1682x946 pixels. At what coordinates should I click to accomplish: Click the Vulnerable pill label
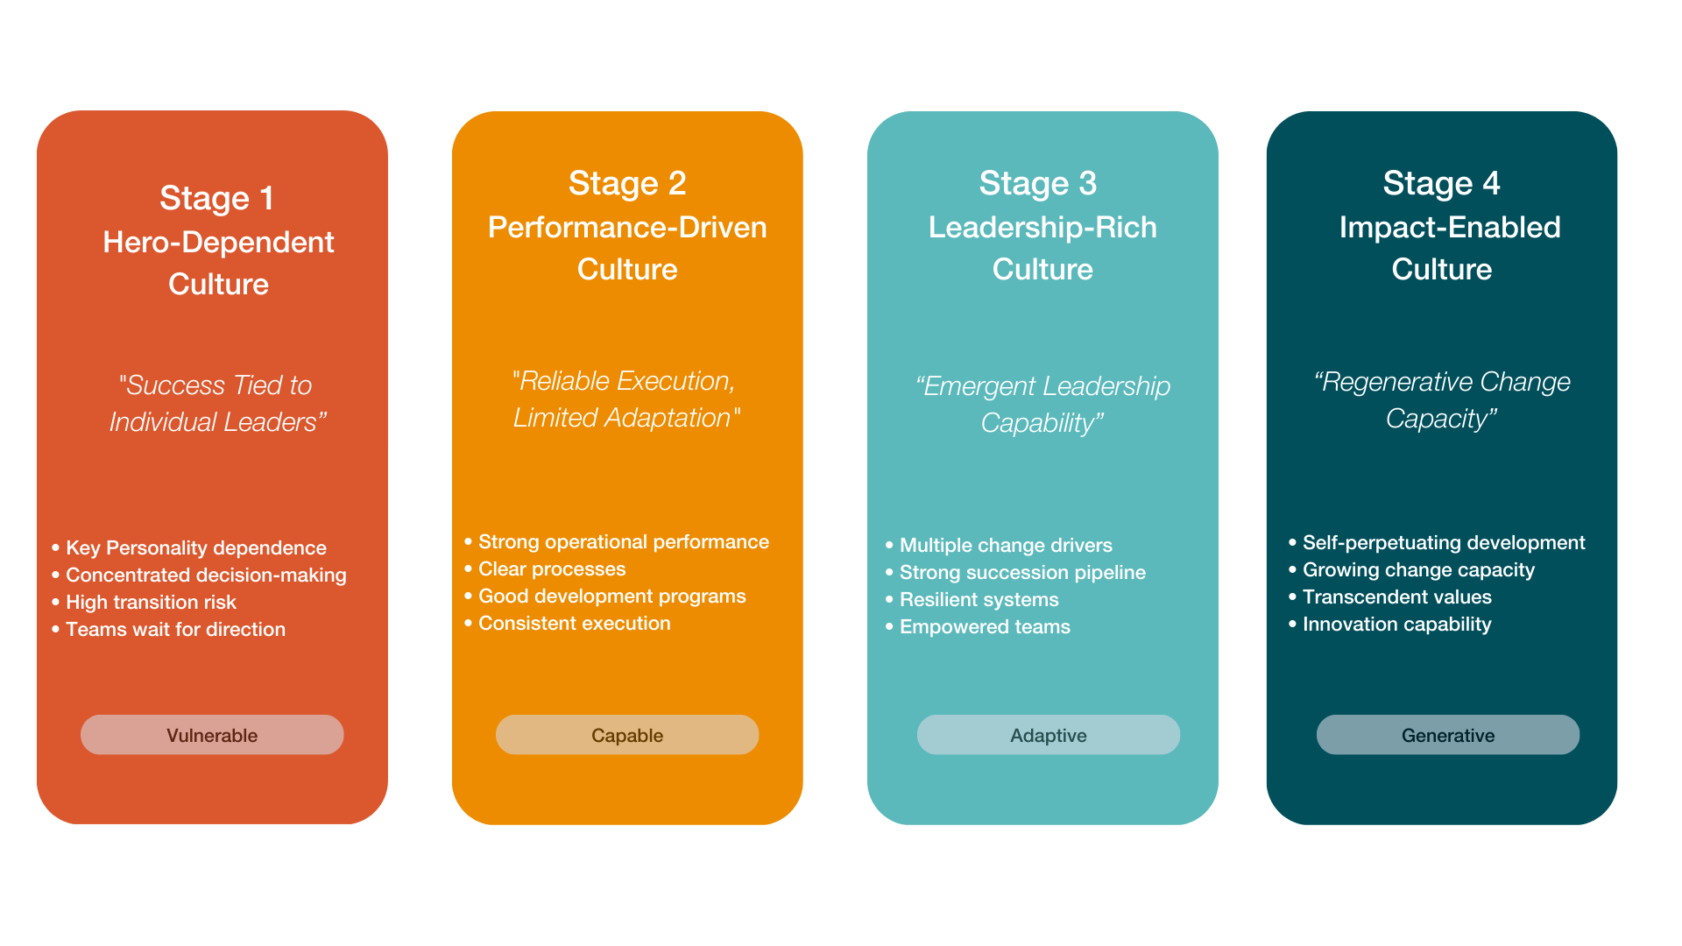point(212,735)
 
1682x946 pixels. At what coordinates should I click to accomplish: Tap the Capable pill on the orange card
point(627,735)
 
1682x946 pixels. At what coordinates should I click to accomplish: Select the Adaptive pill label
point(1048,735)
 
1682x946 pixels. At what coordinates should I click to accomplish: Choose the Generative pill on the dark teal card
point(1447,735)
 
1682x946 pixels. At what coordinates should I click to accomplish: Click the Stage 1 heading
point(216,198)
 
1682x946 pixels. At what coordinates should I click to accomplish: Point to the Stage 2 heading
point(627,183)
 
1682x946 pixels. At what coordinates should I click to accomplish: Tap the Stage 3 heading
point(1037,183)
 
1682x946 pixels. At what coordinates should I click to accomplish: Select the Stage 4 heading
point(1441,183)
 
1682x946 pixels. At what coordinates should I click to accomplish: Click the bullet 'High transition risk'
point(151,602)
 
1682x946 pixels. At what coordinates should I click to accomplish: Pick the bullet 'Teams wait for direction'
point(175,629)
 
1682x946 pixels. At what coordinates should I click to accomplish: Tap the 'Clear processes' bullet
point(552,568)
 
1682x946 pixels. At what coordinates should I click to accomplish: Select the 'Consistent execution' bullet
point(574,623)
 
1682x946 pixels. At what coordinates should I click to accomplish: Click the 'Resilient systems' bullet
point(979,599)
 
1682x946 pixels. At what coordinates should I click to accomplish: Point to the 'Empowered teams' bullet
point(985,626)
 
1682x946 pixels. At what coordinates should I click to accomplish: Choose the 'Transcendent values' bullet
point(1396,597)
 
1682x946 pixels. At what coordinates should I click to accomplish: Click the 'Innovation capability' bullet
point(1396,624)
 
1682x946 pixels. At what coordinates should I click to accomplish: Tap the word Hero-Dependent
point(218,242)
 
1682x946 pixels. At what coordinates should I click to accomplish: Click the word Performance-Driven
point(627,227)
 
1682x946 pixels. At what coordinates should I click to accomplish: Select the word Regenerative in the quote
point(1384,382)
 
